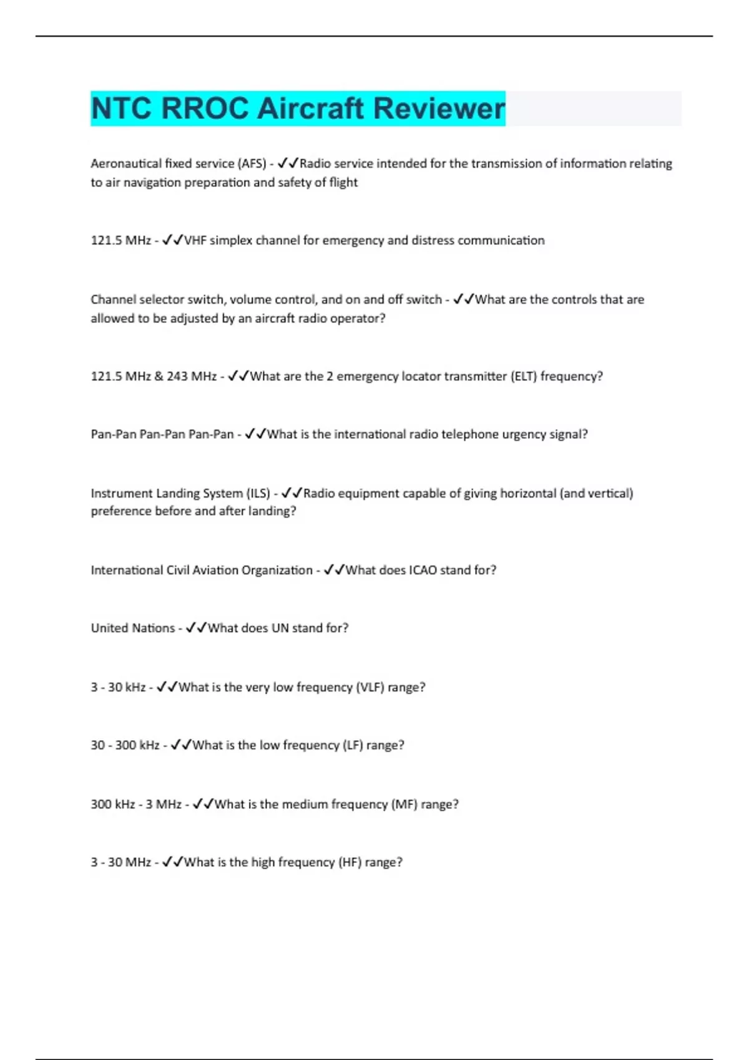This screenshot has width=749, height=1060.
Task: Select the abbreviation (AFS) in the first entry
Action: click(x=251, y=163)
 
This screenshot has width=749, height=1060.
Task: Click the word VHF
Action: click(x=195, y=240)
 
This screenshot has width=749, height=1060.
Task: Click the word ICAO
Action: click(x=423, y=570)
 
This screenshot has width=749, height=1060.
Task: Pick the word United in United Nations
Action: click(x=109, y=628)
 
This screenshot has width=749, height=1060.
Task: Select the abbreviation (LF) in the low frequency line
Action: click(x=353, y=745)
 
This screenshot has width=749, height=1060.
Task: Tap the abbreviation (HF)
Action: click(x=350, y=862)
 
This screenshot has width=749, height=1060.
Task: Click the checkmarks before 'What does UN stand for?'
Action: click(x=195, y=628)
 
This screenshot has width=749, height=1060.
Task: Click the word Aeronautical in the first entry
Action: click(x=126, y=163)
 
